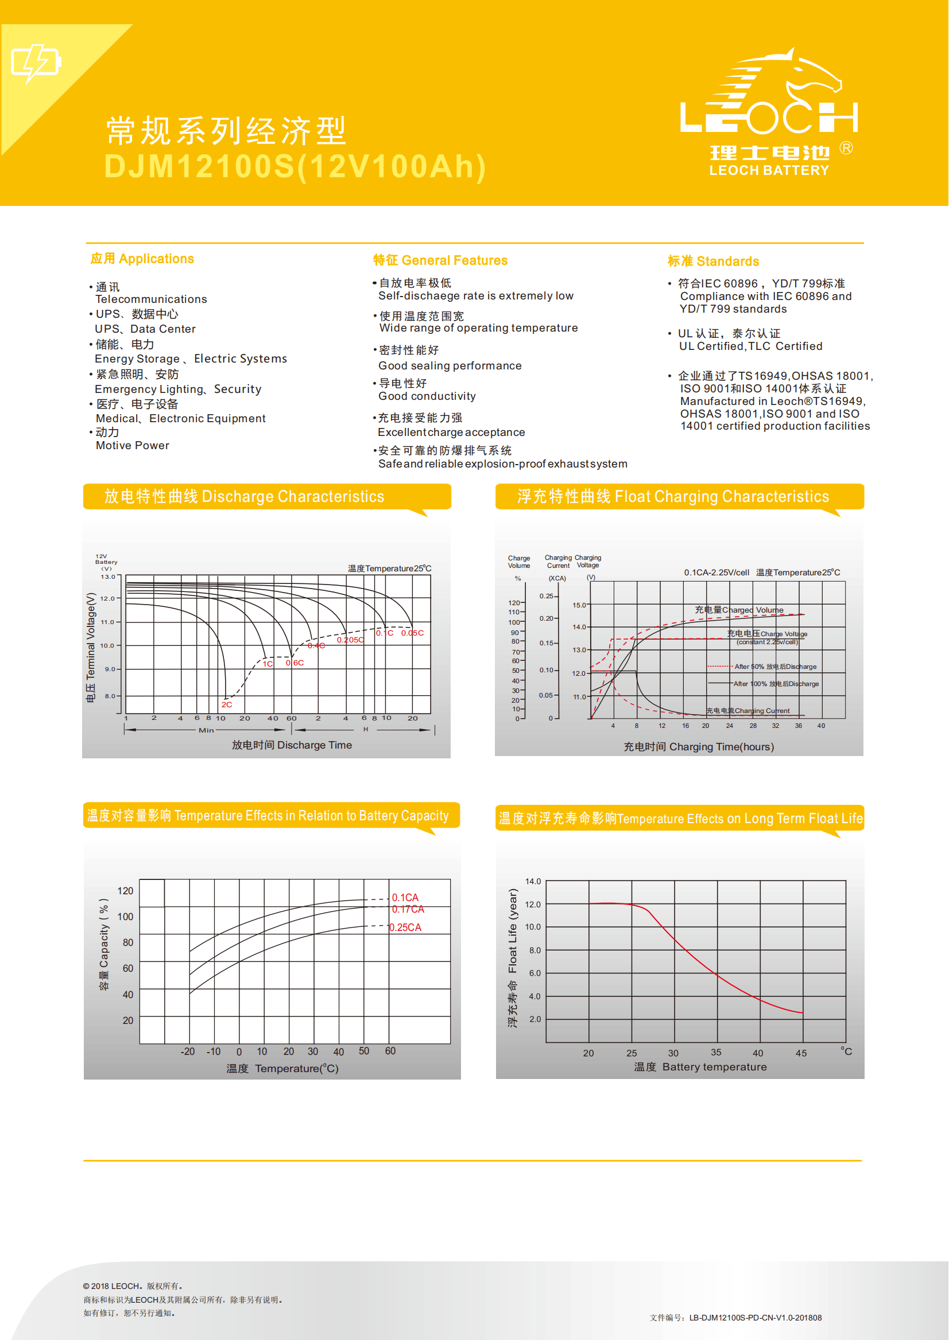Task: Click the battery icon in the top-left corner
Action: [x=36, y=63]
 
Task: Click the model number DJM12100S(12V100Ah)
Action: [x=295, y=166]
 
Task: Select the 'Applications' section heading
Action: [x=142, y=259]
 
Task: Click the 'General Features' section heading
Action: [x=440, y=260]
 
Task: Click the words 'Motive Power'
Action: [x=133, y=446]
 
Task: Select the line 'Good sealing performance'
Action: [x=450, y=365]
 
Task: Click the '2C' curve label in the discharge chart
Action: [x=227, y=704]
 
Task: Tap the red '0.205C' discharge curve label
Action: [x=350, y=640]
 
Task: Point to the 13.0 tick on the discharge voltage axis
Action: [x=108, y=576]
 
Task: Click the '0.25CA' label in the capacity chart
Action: [x=405, y=927]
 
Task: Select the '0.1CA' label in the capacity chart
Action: [x=405, y=897]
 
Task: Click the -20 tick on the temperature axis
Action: [x=188, y=1051]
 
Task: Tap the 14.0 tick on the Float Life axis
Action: [x=533, y=881]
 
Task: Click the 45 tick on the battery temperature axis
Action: [x=800, y=1053]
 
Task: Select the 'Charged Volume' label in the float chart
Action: [x=739, y=610]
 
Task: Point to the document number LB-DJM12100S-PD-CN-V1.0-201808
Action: [x=755, y=1317]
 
